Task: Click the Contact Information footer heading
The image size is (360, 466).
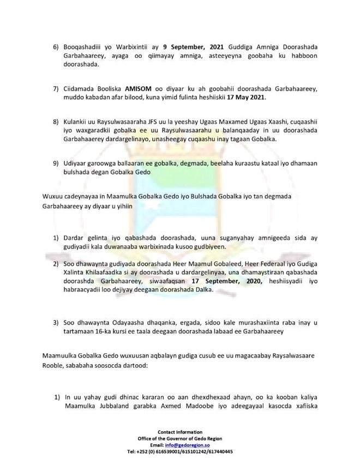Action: tap(179, 432)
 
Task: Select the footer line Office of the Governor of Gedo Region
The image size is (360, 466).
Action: tap(179, 439)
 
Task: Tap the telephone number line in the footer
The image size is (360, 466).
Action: tap(179, 452)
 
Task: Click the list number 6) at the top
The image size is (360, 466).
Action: tap(56, 47)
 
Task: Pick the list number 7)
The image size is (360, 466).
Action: tap(56, 89)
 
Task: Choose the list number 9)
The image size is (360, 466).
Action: tap(56, 163)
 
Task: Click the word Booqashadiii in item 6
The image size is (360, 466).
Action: tap(85, 47)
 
